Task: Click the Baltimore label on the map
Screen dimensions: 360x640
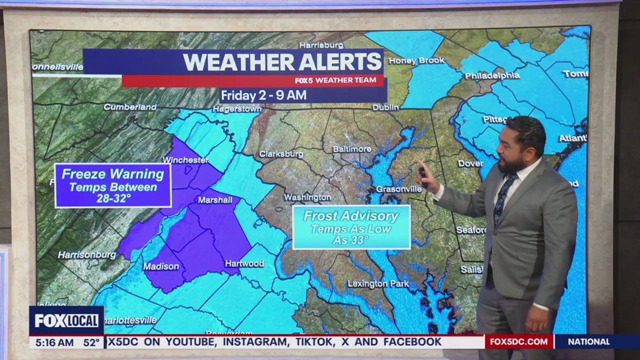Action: click(x=352, y=149)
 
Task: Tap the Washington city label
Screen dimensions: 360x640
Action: click(x=307, y=197)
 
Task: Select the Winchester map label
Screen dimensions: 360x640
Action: click(x=185, y=160)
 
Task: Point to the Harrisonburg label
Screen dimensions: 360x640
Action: click(x=86, y=255)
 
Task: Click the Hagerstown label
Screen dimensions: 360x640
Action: click(x=237, y=108)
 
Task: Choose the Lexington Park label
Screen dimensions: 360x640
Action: click(x=378, y=284)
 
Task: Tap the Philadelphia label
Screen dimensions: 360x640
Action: click(x=492, y=75)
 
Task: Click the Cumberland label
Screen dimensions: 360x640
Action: click(x=130, y=107)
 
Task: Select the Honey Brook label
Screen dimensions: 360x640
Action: click(x=416, y=60)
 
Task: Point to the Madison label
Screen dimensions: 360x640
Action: click(x=161, y=266)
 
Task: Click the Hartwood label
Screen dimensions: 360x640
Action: click(x=244, y=263)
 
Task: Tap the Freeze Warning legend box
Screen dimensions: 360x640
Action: click(x=113, y=185)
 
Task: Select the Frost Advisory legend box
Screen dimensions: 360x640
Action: click(x=351, y=227)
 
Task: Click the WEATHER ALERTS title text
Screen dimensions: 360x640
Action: click(x=282, y=62)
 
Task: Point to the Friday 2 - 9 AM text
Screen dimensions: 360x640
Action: click(x=263, y=95)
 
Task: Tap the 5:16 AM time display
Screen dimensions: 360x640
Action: click(x=55, y=342)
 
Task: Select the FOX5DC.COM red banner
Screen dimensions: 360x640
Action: click(x=518, y=342)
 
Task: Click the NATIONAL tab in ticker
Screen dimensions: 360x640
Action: click(x=588, y=342)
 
